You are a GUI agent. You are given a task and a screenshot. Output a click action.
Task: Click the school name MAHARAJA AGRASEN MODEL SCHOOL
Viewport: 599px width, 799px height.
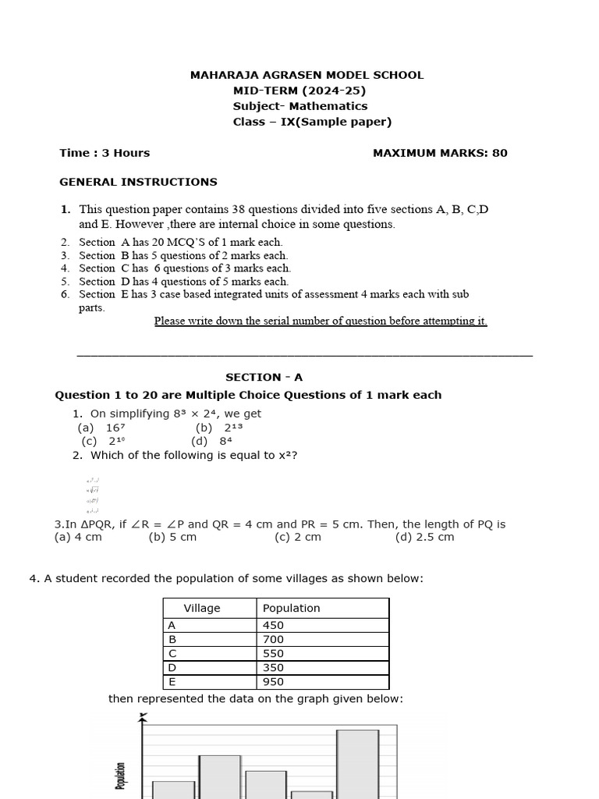(x=307, y=75)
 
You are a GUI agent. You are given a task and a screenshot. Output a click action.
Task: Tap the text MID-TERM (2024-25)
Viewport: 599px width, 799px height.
(x=299, y=91)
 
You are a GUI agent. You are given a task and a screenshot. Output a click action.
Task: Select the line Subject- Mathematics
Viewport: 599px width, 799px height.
(x=300, y=106)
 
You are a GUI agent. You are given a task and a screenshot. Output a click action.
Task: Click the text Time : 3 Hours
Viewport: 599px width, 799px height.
(x=105, y=153)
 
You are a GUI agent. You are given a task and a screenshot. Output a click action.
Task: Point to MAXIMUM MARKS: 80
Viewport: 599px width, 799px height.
(x=440, y=153)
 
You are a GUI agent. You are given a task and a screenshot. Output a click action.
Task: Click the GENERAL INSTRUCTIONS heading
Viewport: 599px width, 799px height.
(x=138, y=182)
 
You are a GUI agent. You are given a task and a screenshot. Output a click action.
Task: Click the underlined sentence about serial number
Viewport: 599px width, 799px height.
(x=320, y=321)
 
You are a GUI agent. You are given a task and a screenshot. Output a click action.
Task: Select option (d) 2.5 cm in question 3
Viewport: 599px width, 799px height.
(x=424, y=537)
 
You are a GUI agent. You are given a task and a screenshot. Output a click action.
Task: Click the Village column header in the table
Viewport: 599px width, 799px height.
(x=202, y=608)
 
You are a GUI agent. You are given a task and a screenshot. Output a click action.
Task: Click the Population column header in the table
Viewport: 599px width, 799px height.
(x=292, y=608)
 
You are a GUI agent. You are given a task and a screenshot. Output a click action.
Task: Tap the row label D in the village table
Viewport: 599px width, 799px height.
(x=172, y=667)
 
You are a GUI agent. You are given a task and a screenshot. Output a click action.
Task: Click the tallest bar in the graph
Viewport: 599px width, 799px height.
(x=357, y=764)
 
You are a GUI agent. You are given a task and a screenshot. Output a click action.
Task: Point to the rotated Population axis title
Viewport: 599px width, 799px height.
(x=121, y=776)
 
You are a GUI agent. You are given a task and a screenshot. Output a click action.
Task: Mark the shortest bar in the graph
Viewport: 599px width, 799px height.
(x=311, y=794)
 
